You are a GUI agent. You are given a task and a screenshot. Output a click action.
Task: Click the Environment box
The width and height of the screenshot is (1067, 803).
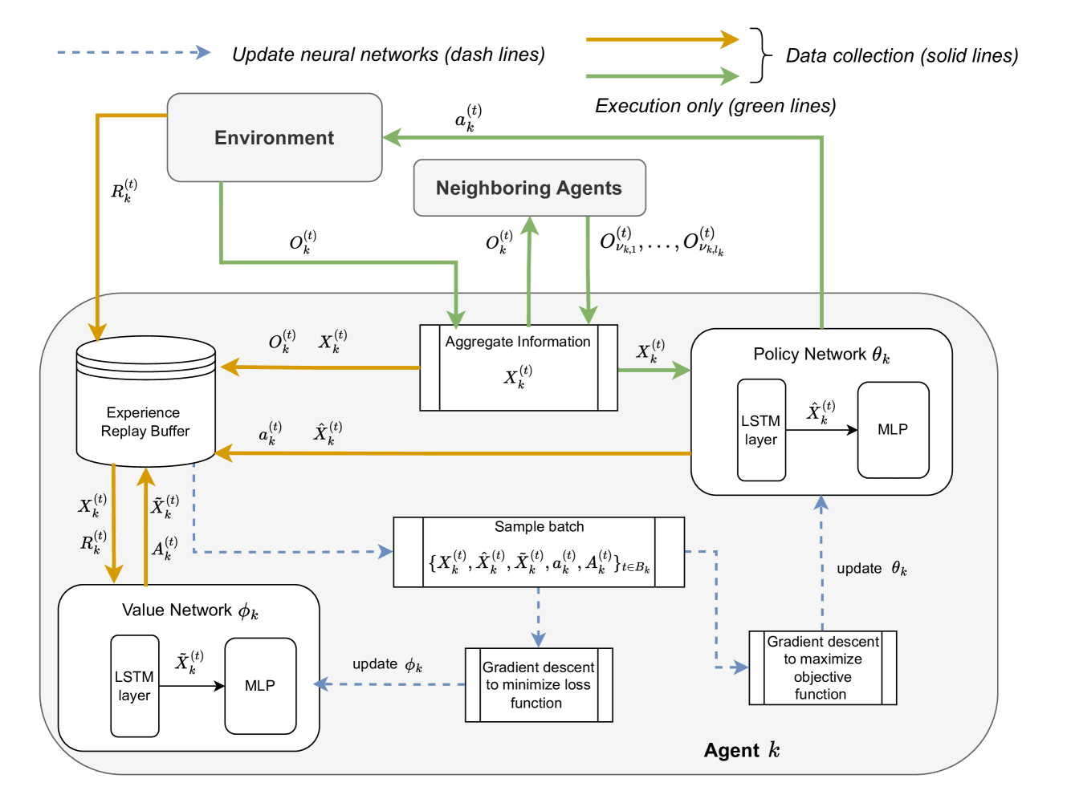[275, 137]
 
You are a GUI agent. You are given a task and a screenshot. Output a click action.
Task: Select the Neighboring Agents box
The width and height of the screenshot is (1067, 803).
[529, 188]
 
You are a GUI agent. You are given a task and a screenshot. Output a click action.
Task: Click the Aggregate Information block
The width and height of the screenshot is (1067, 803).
[519, 367]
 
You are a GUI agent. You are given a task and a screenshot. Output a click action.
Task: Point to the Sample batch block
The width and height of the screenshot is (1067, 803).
[539, 552]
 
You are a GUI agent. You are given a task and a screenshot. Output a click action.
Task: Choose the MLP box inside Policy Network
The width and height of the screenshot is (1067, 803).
[893, 430]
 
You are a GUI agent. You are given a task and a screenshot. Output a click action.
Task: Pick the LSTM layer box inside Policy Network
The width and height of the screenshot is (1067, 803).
[761, 430]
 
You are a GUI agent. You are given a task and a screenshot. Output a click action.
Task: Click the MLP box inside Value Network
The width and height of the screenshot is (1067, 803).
[260, 686]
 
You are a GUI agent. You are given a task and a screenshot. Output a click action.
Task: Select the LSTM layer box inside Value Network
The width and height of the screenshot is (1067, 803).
[134, 686]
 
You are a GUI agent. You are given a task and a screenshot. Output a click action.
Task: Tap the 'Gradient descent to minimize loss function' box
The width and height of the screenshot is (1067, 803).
[539, 685]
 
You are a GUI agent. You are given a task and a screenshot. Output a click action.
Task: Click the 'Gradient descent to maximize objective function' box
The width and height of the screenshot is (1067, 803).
[822, 667]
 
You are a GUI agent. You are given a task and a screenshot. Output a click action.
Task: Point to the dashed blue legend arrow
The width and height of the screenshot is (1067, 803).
[133, 53]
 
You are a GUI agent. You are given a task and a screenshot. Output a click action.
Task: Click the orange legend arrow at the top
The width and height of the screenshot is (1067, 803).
[662, 39]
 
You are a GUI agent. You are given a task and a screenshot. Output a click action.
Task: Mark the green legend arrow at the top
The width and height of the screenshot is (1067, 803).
[662, 76]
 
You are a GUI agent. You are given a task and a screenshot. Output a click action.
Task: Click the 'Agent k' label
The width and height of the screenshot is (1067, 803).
[741, 750]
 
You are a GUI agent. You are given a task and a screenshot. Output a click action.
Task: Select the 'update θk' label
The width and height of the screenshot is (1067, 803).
[871, 569]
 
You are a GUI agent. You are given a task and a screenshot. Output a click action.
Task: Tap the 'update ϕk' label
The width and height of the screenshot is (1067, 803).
[387, 664]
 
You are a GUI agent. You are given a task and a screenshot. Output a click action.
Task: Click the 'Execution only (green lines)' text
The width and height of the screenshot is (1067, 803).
[715, 106]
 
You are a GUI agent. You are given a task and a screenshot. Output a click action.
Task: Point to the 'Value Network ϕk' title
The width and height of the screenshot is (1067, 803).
[189, 610]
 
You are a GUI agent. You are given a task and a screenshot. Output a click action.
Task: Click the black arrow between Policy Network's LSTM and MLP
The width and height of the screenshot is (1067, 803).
[821, 430]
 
